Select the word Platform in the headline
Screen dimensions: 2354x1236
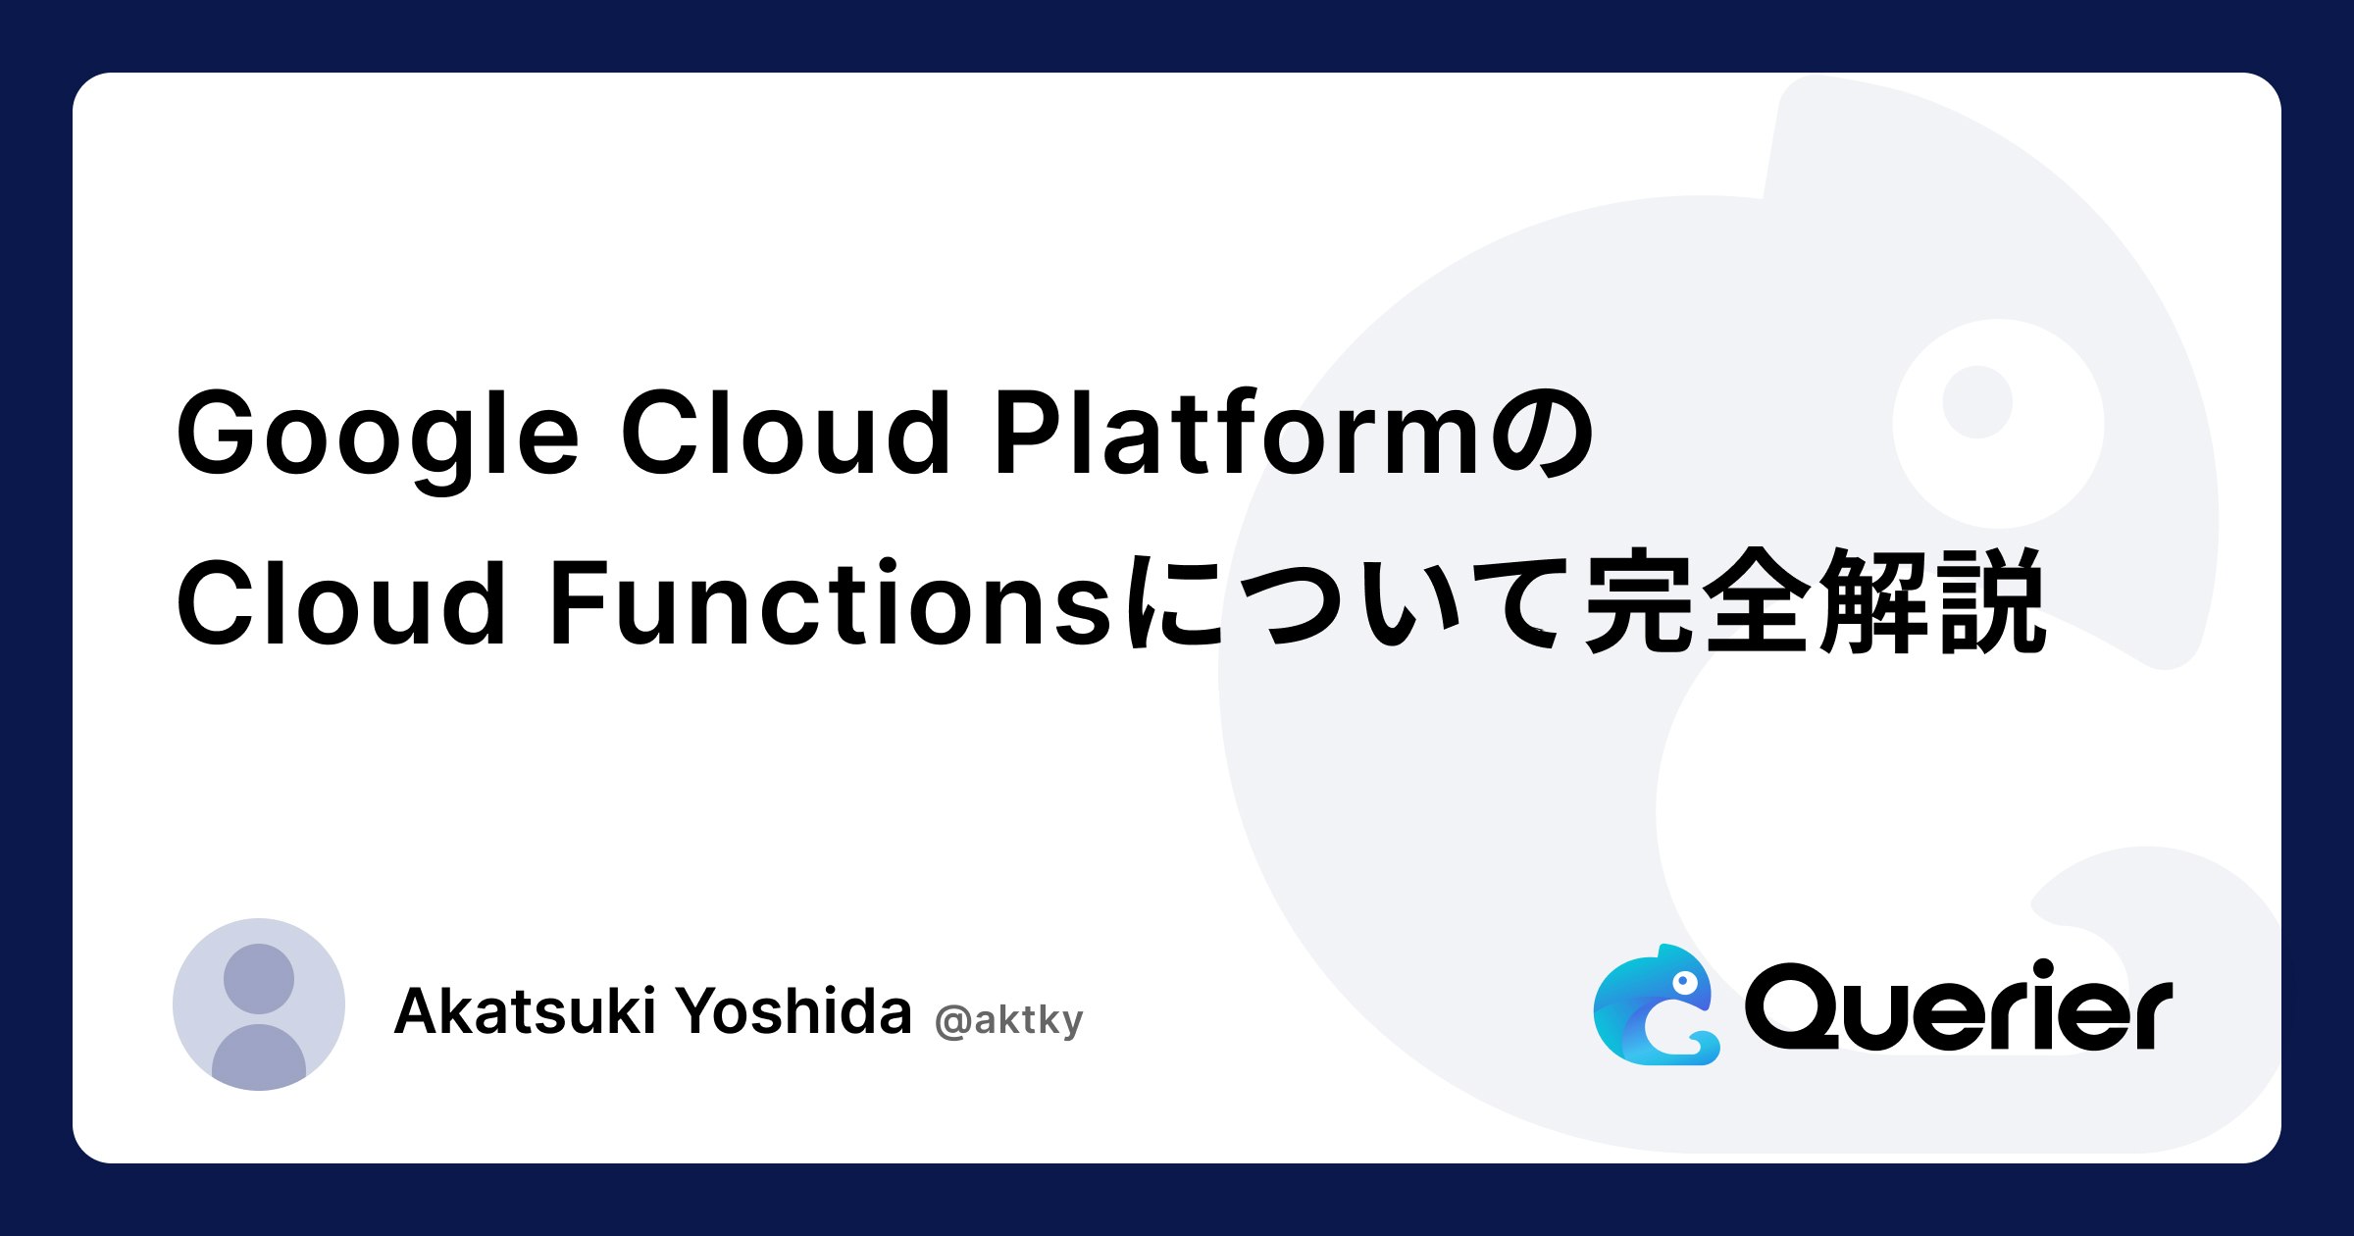click(1238, 432)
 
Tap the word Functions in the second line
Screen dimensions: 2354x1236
click(830, 602)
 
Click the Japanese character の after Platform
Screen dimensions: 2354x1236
click(1539, 434)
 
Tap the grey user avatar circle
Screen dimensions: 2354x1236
click(259, 1004)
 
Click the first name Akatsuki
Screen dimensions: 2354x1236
click(525, 1010)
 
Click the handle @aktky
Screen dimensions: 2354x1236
click(1009, 1020)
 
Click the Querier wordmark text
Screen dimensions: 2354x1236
click(1958, 1006)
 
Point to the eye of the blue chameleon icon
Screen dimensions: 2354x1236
click(1684, 981)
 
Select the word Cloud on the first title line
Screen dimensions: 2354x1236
click(786, 432)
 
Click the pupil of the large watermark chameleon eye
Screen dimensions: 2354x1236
click(1977, 402)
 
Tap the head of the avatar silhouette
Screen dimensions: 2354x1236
click(259, 979)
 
